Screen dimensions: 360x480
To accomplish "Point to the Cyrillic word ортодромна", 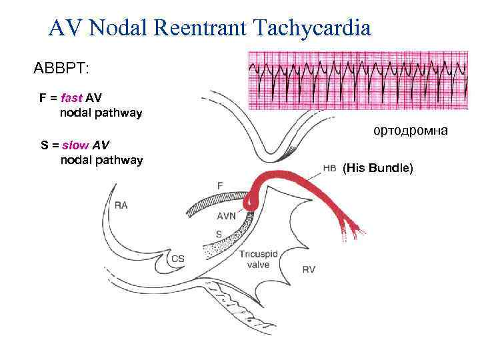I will [411, 131].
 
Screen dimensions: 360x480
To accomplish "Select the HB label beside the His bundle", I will [329, 169].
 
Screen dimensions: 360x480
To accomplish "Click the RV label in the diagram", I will [309, 269].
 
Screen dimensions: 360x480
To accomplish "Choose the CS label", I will [178, 259].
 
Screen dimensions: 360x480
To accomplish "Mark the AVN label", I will [226, 217].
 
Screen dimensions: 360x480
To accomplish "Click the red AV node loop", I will [252, 199].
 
